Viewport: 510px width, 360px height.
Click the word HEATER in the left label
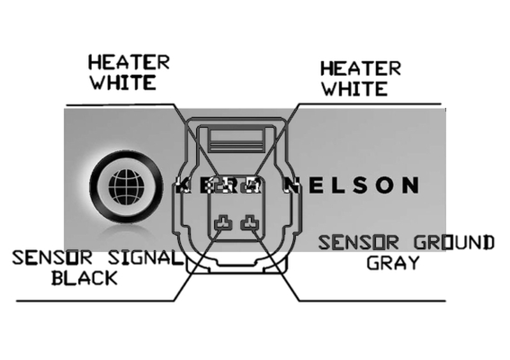[x=128, y=63]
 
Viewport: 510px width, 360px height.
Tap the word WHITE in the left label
[x=122, y=83]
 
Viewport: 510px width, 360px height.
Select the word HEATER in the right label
[x=360, y=68]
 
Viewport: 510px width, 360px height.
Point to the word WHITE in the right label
[x=354, y=88]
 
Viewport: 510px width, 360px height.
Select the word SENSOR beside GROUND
[x=359, y=243]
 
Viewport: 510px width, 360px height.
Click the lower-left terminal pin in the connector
[x=223, y=223]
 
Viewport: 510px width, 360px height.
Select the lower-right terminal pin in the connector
[x=248, y=223]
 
